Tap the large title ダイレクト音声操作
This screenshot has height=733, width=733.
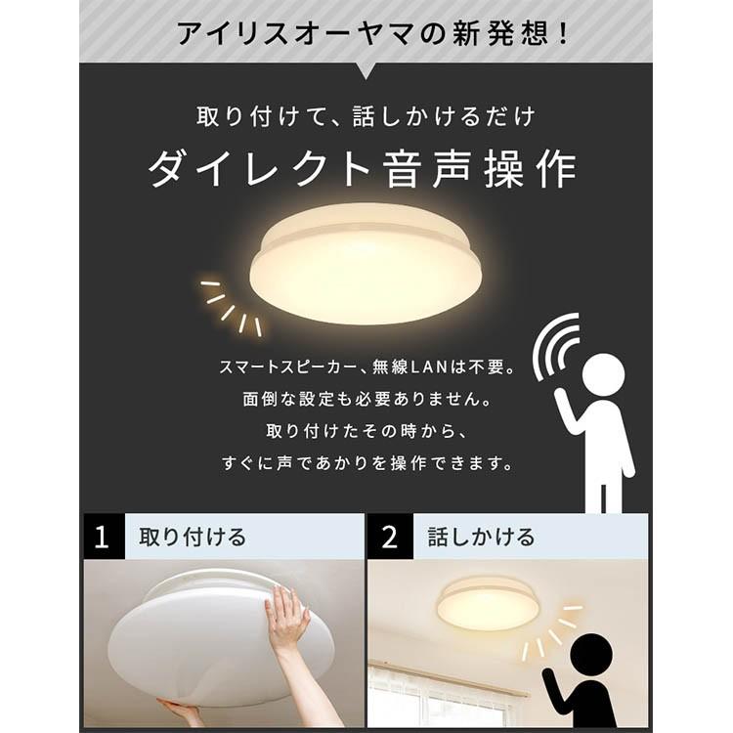click(x=364, y=170)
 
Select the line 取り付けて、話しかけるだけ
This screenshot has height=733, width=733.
click(x=366, y=116)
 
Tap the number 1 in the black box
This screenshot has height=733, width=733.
click(x=103, y=537)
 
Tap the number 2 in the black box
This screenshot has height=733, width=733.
click(x=390, y=537)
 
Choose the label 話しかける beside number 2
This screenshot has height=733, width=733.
click(x=481, y=537)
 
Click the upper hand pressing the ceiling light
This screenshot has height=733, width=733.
click(x=285, y=622)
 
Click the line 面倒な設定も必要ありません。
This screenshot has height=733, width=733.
click(x=366, y=400)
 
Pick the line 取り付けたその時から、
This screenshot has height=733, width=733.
click(x=366, y=431)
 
